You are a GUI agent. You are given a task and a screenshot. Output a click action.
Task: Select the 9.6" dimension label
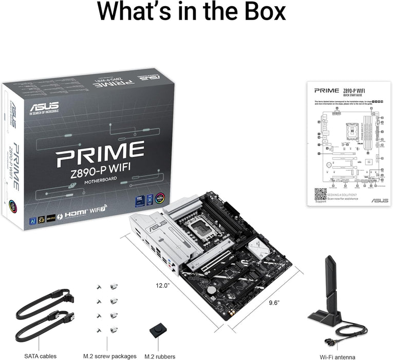273,302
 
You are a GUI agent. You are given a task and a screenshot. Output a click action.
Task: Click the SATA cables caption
41,356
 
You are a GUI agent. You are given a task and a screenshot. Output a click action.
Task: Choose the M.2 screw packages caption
110,356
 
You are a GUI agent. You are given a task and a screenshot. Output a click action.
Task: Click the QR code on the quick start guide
320,194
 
